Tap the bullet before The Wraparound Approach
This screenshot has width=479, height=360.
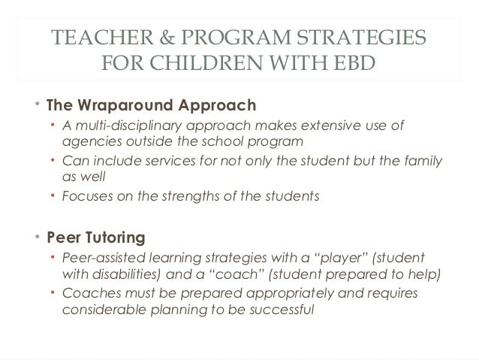tap(37, 103)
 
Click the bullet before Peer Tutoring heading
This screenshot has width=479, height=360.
tap(37, 238)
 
